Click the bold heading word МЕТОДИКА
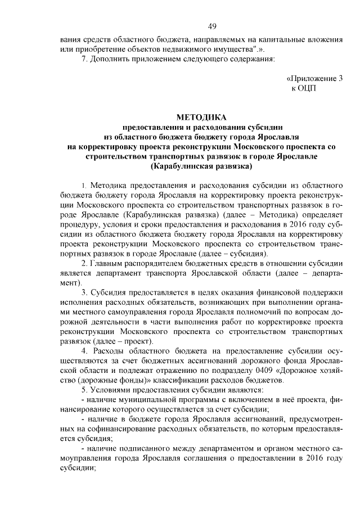coord(201,118)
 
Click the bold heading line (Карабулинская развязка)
coord(201,166)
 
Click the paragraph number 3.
coord(83,292)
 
